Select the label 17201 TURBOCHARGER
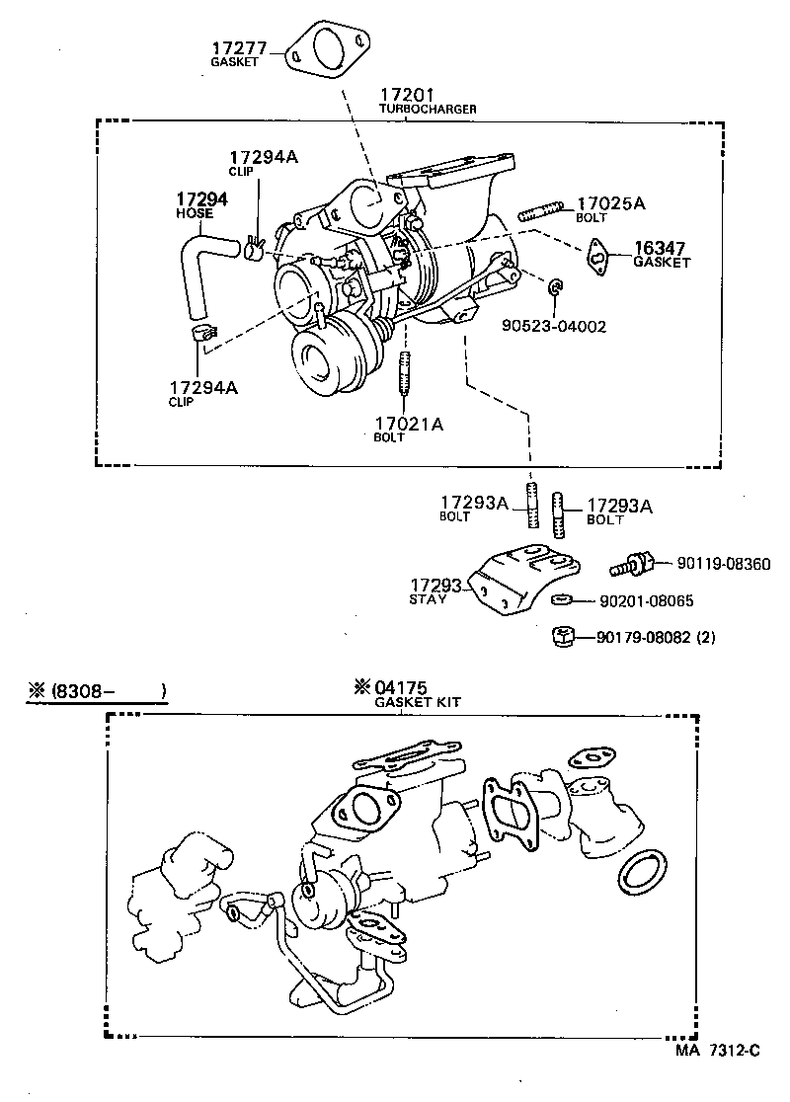click(427, 102)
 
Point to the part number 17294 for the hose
click(202, 199)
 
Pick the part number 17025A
click(610, 203)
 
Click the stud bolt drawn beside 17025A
click(542, 211)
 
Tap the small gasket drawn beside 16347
click(598, 255)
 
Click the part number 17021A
click(409, 424)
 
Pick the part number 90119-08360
click(724, 564)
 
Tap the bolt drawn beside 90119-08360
click(632, 565)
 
